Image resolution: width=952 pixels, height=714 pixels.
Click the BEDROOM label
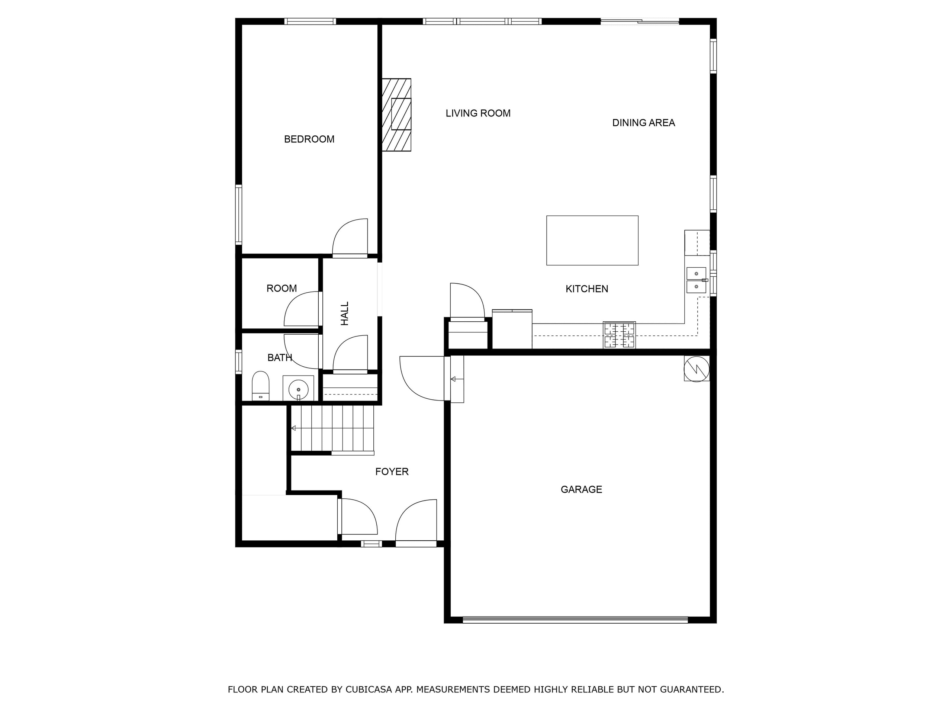tap(309, 139)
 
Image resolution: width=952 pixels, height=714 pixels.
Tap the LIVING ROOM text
tap(478, 113)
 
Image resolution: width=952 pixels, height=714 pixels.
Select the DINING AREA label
tap(643, 123)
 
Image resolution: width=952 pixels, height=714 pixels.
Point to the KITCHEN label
tap(586, 289)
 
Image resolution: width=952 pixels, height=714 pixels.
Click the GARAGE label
tap(581, 489)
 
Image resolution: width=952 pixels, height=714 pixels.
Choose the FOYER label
tap(392, 472)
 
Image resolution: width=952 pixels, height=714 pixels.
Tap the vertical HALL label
tap(345, 313)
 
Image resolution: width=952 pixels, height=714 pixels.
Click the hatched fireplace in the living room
tap(396, 115)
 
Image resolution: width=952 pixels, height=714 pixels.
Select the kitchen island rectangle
tap(592, 240)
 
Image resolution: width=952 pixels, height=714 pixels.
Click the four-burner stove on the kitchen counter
tap(619, 335)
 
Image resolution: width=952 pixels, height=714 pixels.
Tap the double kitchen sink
tap(696, 280)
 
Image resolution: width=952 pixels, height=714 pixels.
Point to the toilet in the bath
tap(260, 385)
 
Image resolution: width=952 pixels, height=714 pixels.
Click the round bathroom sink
tap(298, 389)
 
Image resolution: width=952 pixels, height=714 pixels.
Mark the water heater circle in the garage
tap(697, 369)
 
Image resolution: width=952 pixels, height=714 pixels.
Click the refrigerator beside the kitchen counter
tap(512, 329)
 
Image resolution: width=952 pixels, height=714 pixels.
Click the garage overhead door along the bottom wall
tap(575, 620)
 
